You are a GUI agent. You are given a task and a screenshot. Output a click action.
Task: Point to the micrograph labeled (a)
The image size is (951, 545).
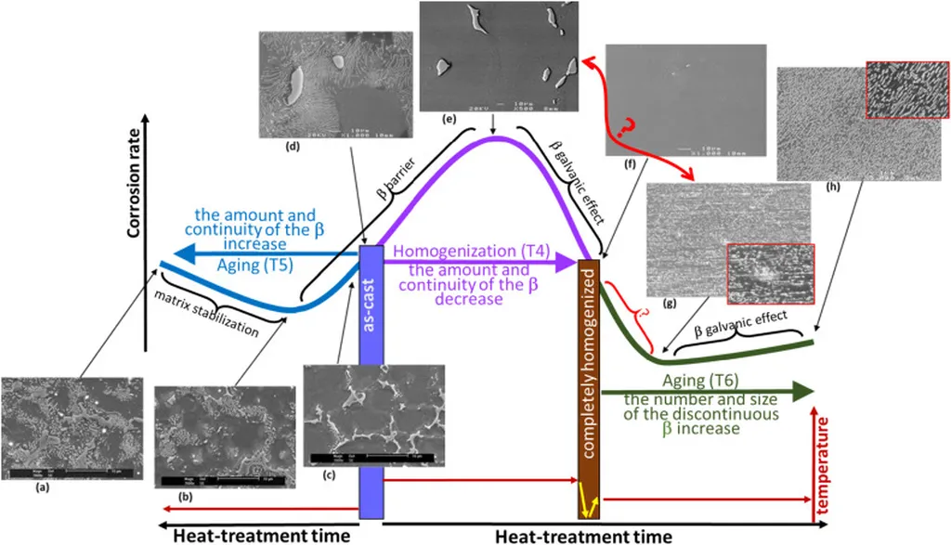tap(72, 428)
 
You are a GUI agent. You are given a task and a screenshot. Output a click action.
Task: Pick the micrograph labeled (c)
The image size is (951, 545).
tap(374, 412)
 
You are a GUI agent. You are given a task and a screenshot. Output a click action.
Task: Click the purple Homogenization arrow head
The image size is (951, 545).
tap(567, 264)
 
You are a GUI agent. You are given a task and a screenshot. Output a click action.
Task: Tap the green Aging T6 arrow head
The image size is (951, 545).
tap(801, 393)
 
